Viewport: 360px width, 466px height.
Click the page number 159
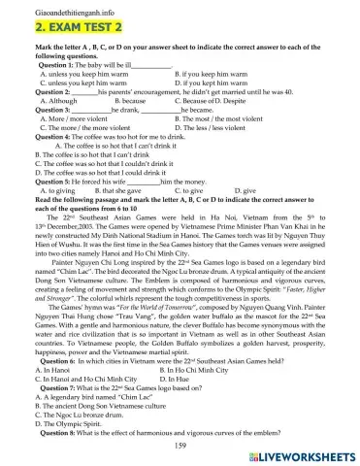click(x=180, y=444)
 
